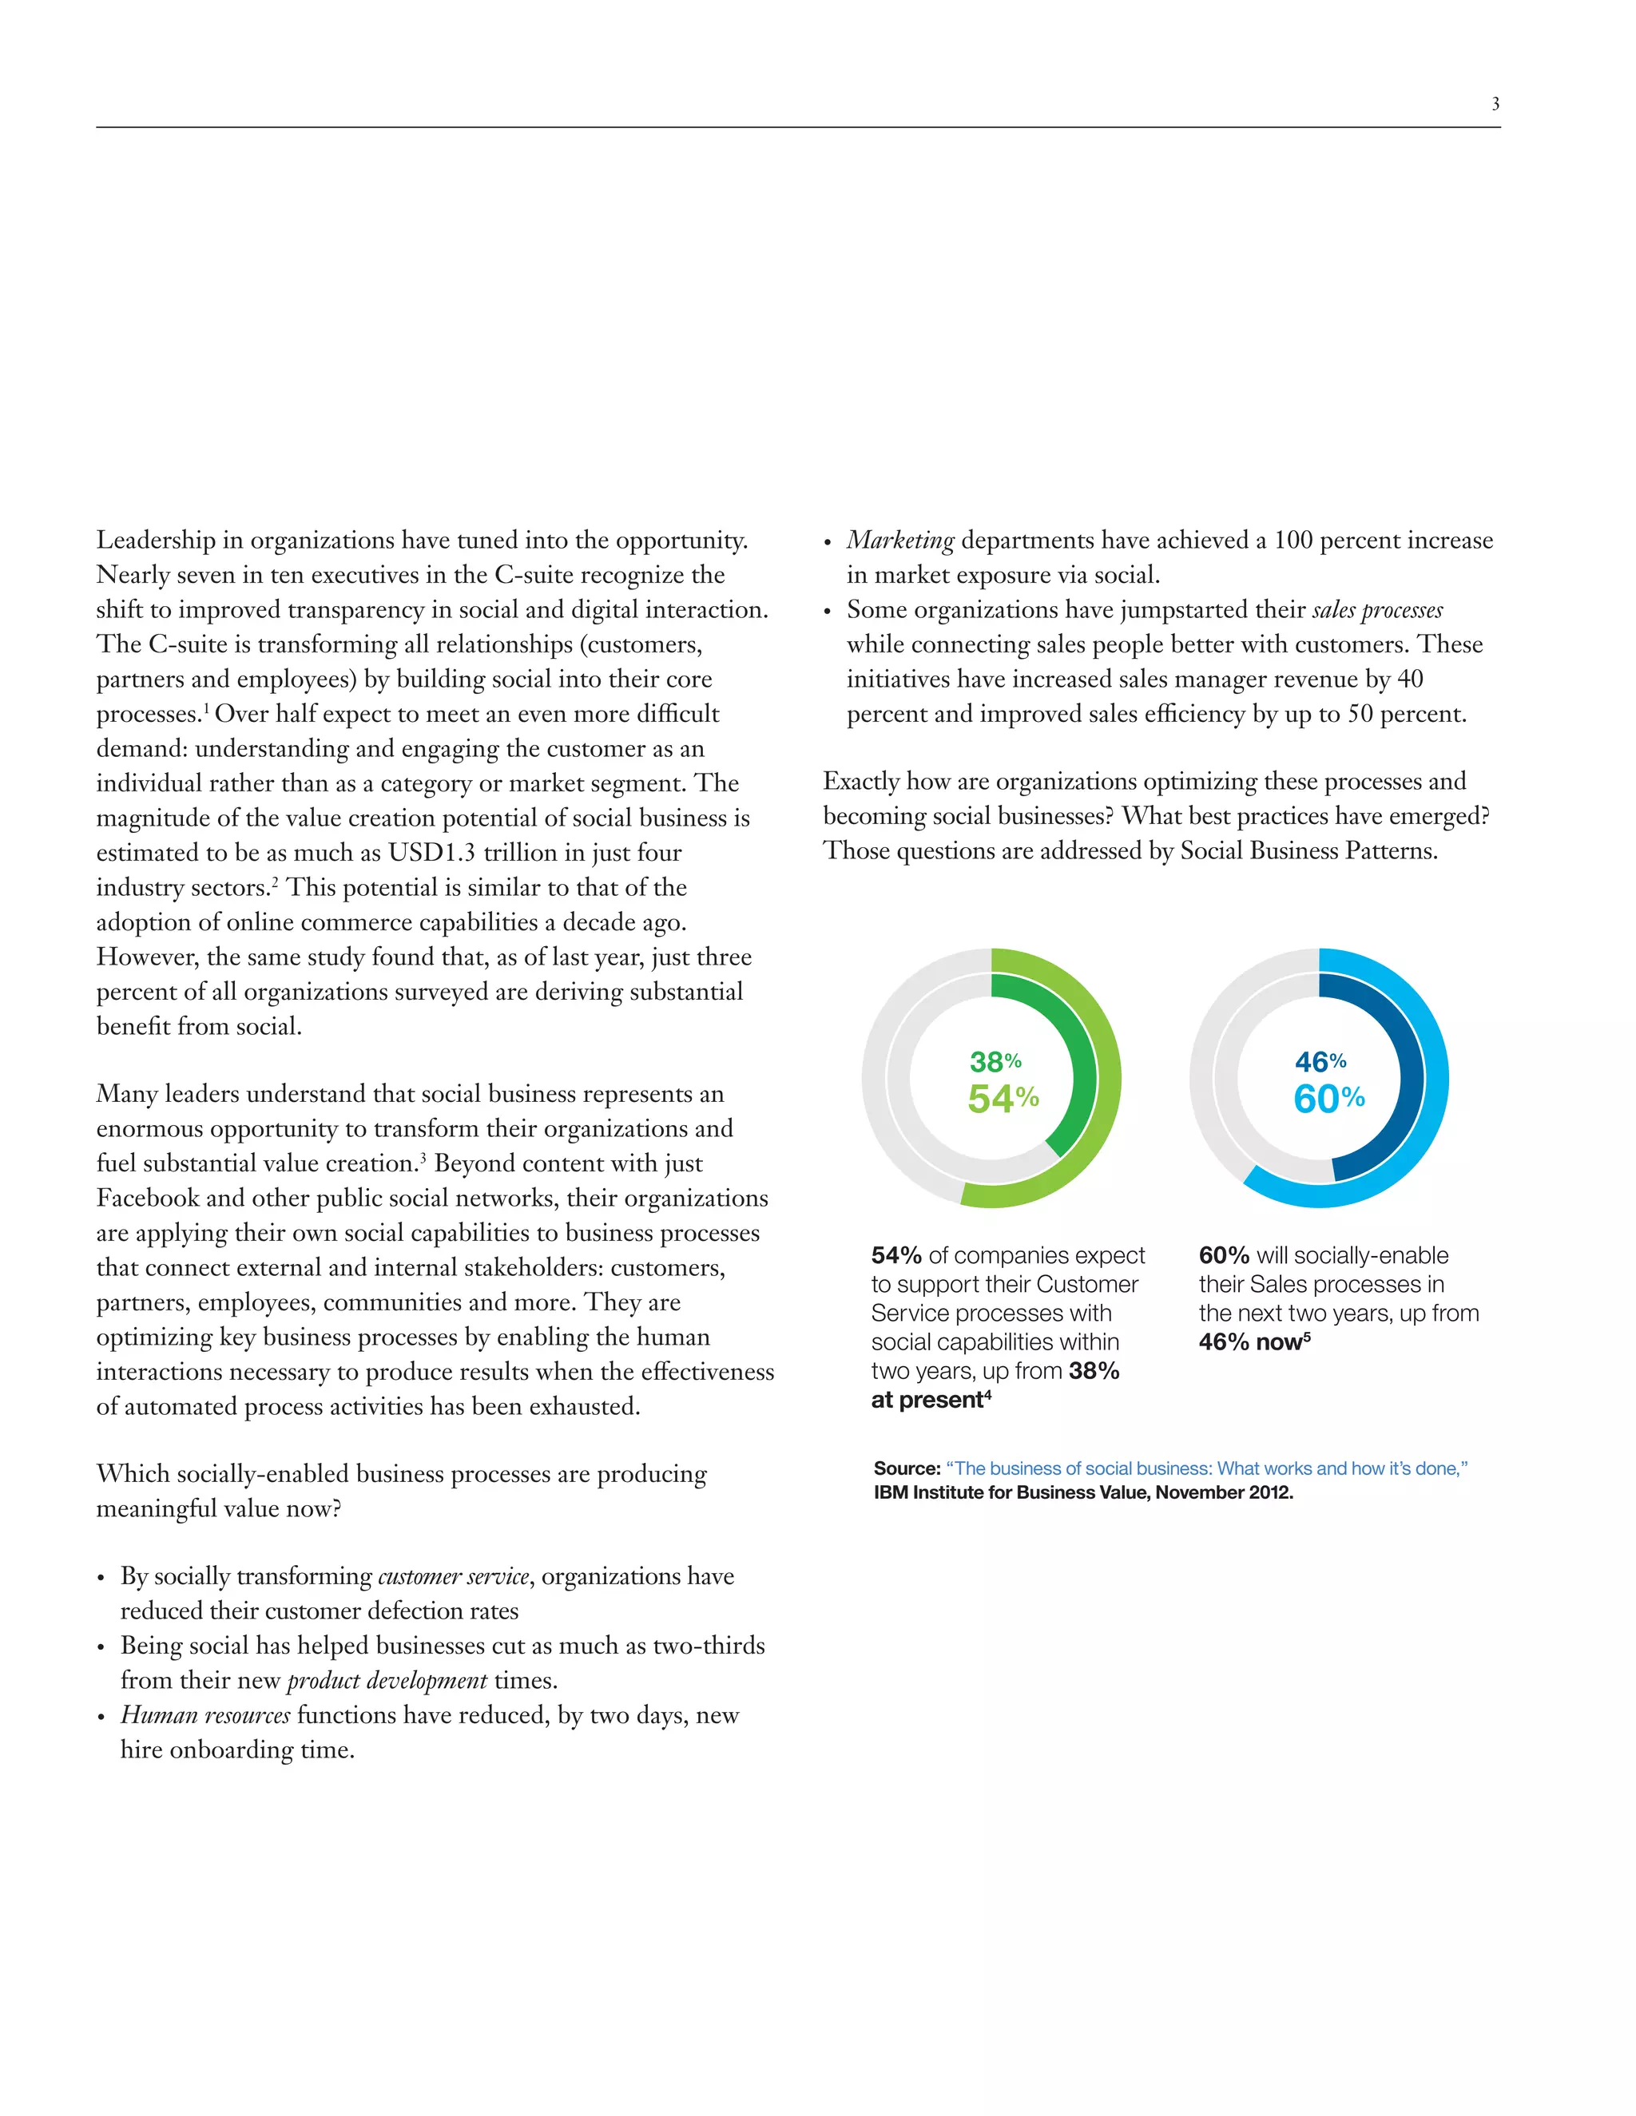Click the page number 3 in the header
pyautogui.click(x=1495, y=104)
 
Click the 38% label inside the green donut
pyautogui.click(x=995, y=1061)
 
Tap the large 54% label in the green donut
pyautogui.click(x=1003, y=1099)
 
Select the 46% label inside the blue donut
pyautogui.click(x=1320, y=1061)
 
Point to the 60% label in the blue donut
pyautogui.click(x=1328, y=1099)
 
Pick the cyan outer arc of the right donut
pyautogui.click(x=1435, y=1078)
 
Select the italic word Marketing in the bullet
pyautogui.click(x=900, y=541)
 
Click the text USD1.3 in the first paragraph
pyautogui.click(x=431, y=853)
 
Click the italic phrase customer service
pyautogui.click(x=454, y=1576)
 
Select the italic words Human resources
pyautogui.click(x=205, y=1715)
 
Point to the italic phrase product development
pyautogui.click(x=387, y=1680)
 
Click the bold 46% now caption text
pyautogui.click(x=1250, y=1342)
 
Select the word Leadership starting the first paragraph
pyautogui.click(x=156, y=541)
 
